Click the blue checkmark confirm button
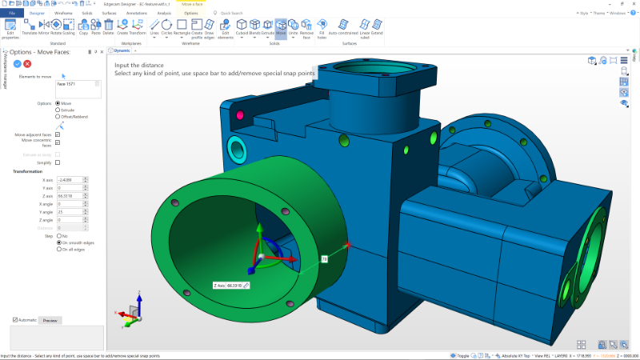click(x=17, y=63)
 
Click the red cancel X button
click(x=28, y=63)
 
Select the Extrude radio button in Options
click(x=58, y=110)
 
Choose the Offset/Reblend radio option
click(x=58, y=117)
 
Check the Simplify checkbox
click(x=58, y=162)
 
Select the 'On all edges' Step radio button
click(x=58, y=249)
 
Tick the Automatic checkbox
click(x=15, y=320)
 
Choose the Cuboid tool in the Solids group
click(x=242, y=27)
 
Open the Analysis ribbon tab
click(x=164, y=14)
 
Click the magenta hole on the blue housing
click(x=239, y=115)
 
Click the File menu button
click(x=12, y=14)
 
